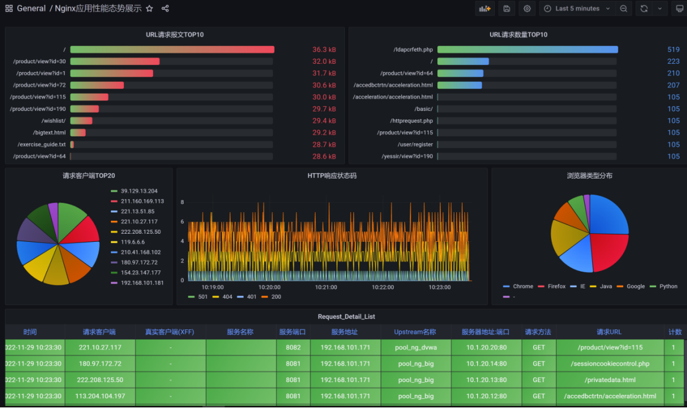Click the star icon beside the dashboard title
[149, 8]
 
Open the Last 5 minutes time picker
[577, 8]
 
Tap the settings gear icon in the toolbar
[527, 8]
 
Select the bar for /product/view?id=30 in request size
[115, 61]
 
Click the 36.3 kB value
[324, 50]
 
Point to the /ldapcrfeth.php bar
[528, 50]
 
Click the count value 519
[673, 50]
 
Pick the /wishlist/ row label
[53, 120]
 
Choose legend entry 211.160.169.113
[138, 201]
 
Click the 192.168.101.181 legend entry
[138, 283]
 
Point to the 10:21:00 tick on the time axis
[326, 287]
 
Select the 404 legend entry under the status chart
[223, 296]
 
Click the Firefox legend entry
[552, 286]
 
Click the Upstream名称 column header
[415, 332]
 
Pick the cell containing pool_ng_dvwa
[416, 347]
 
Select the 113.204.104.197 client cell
[100, 396]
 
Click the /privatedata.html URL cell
[610, 380]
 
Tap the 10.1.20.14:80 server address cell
[486, 364]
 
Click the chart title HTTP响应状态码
[332, 175]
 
